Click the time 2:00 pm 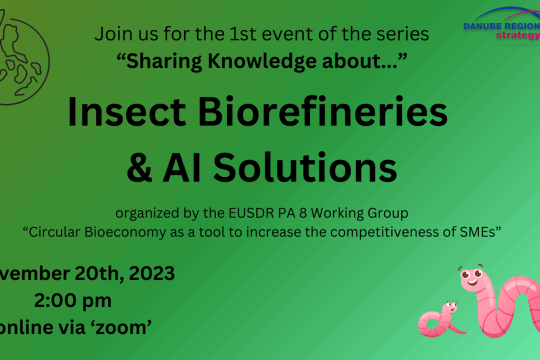(x=73, y=300)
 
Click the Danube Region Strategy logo (x=502, y=27)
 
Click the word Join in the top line (x=110, y=34)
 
